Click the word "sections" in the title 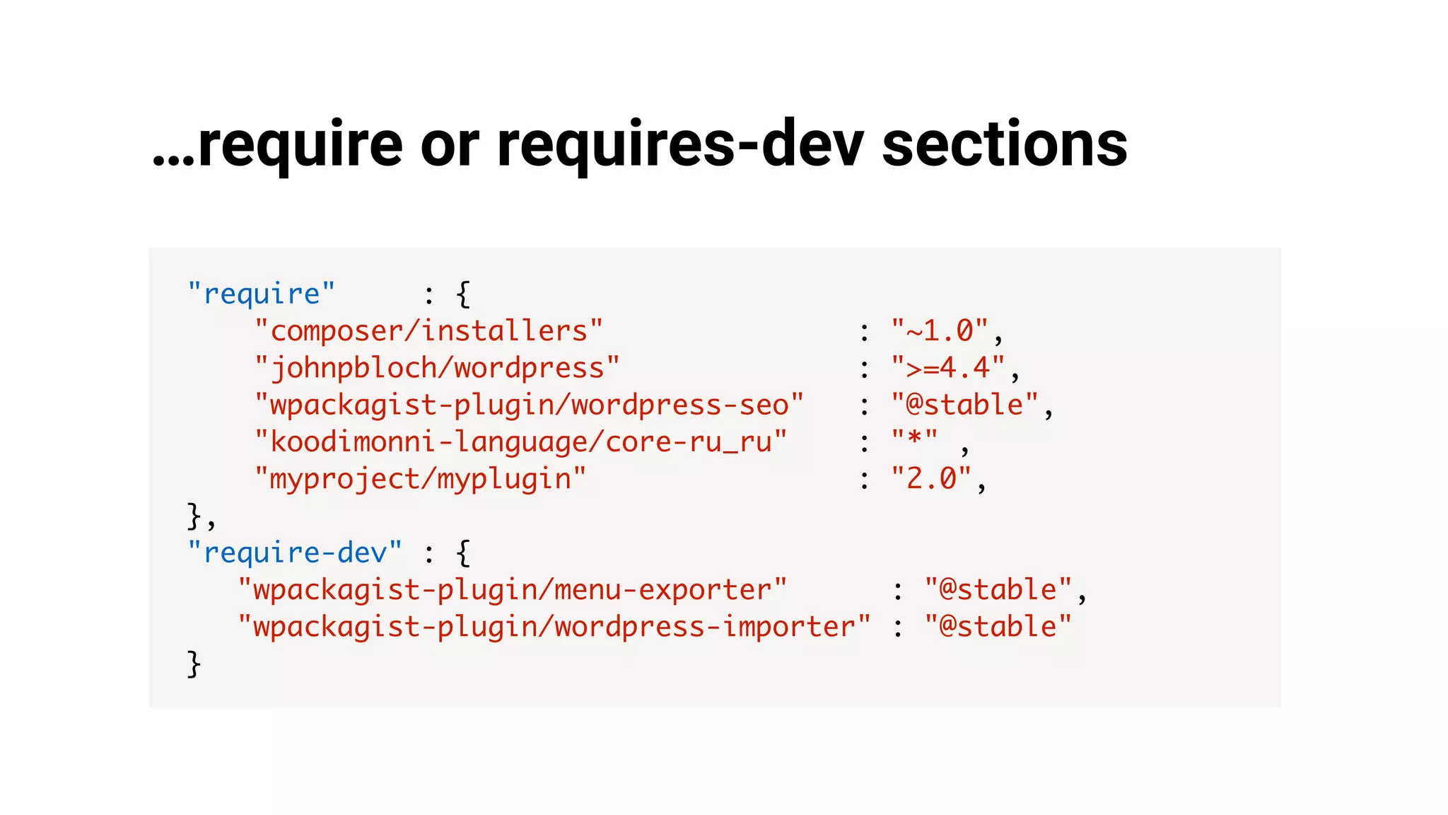(1004, 144)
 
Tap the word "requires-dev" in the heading (680, 144)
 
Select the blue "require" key (261, 294)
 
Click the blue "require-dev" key (295, 553)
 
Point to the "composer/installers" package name (428, 331)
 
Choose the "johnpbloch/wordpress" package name (437, 368)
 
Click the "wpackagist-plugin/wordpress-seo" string (529, 405)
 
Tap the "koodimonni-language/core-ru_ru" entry (520, 441)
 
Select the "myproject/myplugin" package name (420, 479)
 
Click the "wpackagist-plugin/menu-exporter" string (513, 589)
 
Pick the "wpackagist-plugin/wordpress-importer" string (554, 627)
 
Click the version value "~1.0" (940, 331)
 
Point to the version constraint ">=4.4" (947, 368)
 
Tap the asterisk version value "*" (914, 439)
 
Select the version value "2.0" (931, 479)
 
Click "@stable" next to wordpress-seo (964, 405)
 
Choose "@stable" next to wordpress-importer (998, 627)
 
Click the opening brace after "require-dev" (463, 553)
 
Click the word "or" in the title (450, 144)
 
